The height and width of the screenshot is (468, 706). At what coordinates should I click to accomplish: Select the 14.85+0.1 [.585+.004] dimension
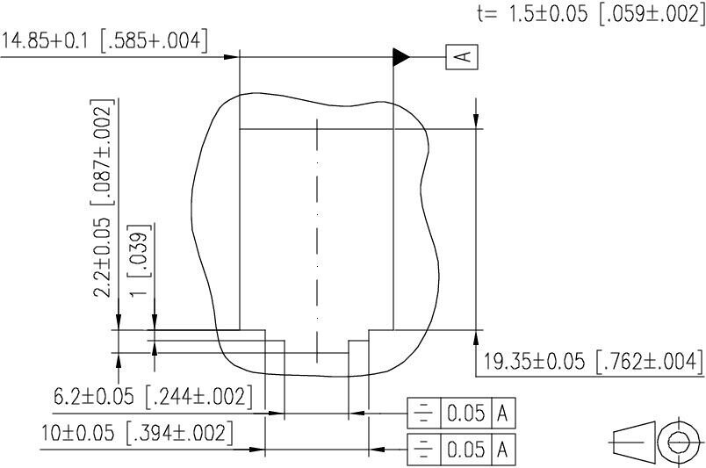[x=104, y=41]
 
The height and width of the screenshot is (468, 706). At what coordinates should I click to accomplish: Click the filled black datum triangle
[x=401, y=57]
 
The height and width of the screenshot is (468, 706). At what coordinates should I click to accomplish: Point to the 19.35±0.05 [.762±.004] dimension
[x=594, y=362]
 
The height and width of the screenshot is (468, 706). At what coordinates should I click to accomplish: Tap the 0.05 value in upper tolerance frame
[x=465, y=413]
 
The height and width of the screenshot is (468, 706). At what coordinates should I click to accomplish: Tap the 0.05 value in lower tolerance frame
[x=465, y=450]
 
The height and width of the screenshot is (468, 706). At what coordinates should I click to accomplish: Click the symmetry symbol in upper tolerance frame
[x=423, y=413]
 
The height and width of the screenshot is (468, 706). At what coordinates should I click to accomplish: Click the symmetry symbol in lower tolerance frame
[x=423, y=450]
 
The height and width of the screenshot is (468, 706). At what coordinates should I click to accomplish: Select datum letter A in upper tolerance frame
[x=503, y=413]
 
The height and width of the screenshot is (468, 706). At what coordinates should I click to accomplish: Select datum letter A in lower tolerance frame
[x=503, y=450]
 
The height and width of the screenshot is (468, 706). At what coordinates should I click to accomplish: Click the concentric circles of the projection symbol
[x=681, y=442]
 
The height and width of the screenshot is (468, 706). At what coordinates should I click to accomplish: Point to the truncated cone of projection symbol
[x=632, y=442]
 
